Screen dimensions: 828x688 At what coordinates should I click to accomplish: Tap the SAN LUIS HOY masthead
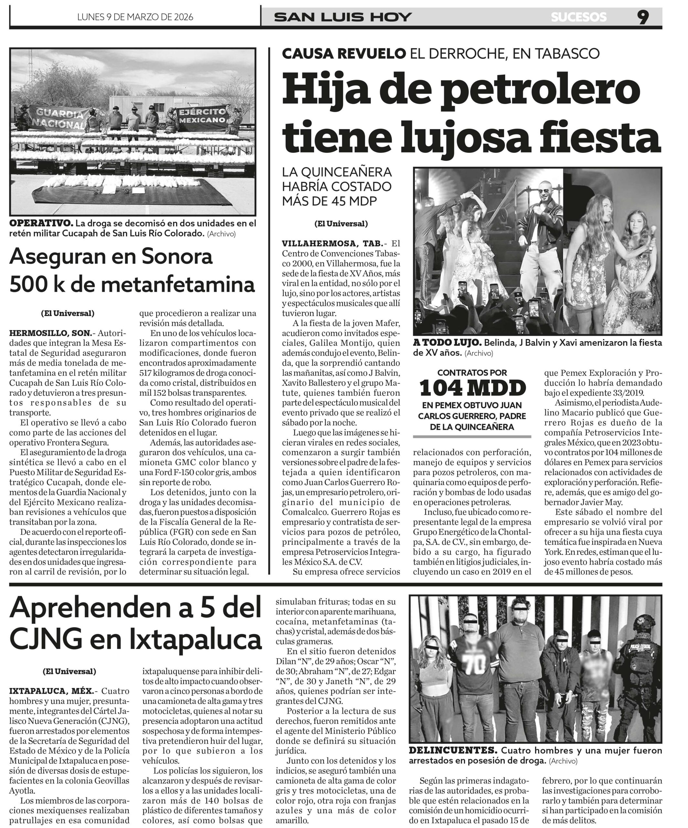343,17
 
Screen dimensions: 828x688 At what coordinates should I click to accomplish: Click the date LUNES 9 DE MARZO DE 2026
135,17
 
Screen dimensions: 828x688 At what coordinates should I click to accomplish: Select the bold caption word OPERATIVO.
41,223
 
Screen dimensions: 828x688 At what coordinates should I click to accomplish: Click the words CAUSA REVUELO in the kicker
344,53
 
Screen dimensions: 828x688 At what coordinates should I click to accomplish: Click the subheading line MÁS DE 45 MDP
329,201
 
